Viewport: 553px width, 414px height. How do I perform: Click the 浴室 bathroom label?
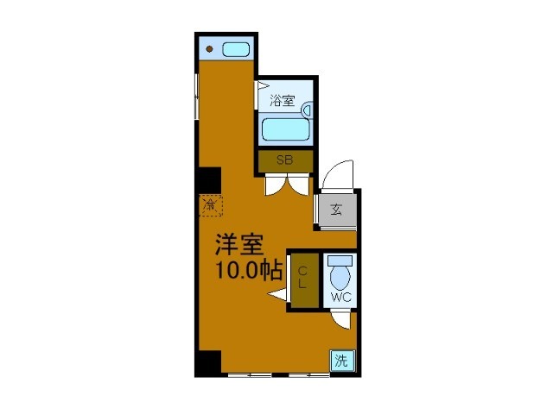[x=283, y=100]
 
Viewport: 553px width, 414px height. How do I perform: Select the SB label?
[x=284, y=160]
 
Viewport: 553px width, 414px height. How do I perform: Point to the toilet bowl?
[x=340, y=279]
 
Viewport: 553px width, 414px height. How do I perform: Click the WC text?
[x=340, y=298]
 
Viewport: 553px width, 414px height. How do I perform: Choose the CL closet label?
[x=303, y=277]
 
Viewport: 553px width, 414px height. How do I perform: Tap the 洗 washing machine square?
[x=341, y=361]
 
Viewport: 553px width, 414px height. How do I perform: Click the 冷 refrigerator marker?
[x=209, y=205]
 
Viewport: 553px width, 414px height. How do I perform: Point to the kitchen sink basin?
[x=236, y=49]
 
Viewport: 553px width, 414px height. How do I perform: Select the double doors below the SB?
[x=285, y=185]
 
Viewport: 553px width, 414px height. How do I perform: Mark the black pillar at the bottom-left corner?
[x=208, y=363]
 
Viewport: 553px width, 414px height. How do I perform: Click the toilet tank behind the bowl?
[x=340, y=260]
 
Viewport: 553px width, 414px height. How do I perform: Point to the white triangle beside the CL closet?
[x=277, y=298]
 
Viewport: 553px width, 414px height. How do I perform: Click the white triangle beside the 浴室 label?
[x=262, y=87]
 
